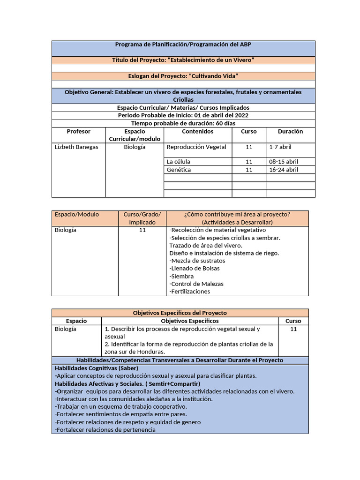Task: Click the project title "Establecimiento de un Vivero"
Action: [x=183, y=60]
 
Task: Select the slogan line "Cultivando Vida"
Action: [x=183, y=76]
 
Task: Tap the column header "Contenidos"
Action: [x=197, y=132]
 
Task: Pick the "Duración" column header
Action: [x=290, y=132]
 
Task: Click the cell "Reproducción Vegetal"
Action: [x=196, y=147]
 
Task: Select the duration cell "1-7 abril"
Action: [x=280, y=147]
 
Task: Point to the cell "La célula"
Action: [x=179, y=162]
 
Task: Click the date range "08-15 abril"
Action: [x=283, y=162]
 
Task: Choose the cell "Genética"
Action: [x=179, y=170]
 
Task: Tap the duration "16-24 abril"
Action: [x=283, y=170]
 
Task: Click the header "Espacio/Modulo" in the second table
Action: [x=77, y=215]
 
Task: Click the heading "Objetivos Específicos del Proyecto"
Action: [x=180, y=313]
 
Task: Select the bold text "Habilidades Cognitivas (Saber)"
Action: [x=97, y=368]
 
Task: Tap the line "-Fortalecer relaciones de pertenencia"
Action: [x=105, y=430]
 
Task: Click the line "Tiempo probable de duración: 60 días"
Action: [x=183, y=123]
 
